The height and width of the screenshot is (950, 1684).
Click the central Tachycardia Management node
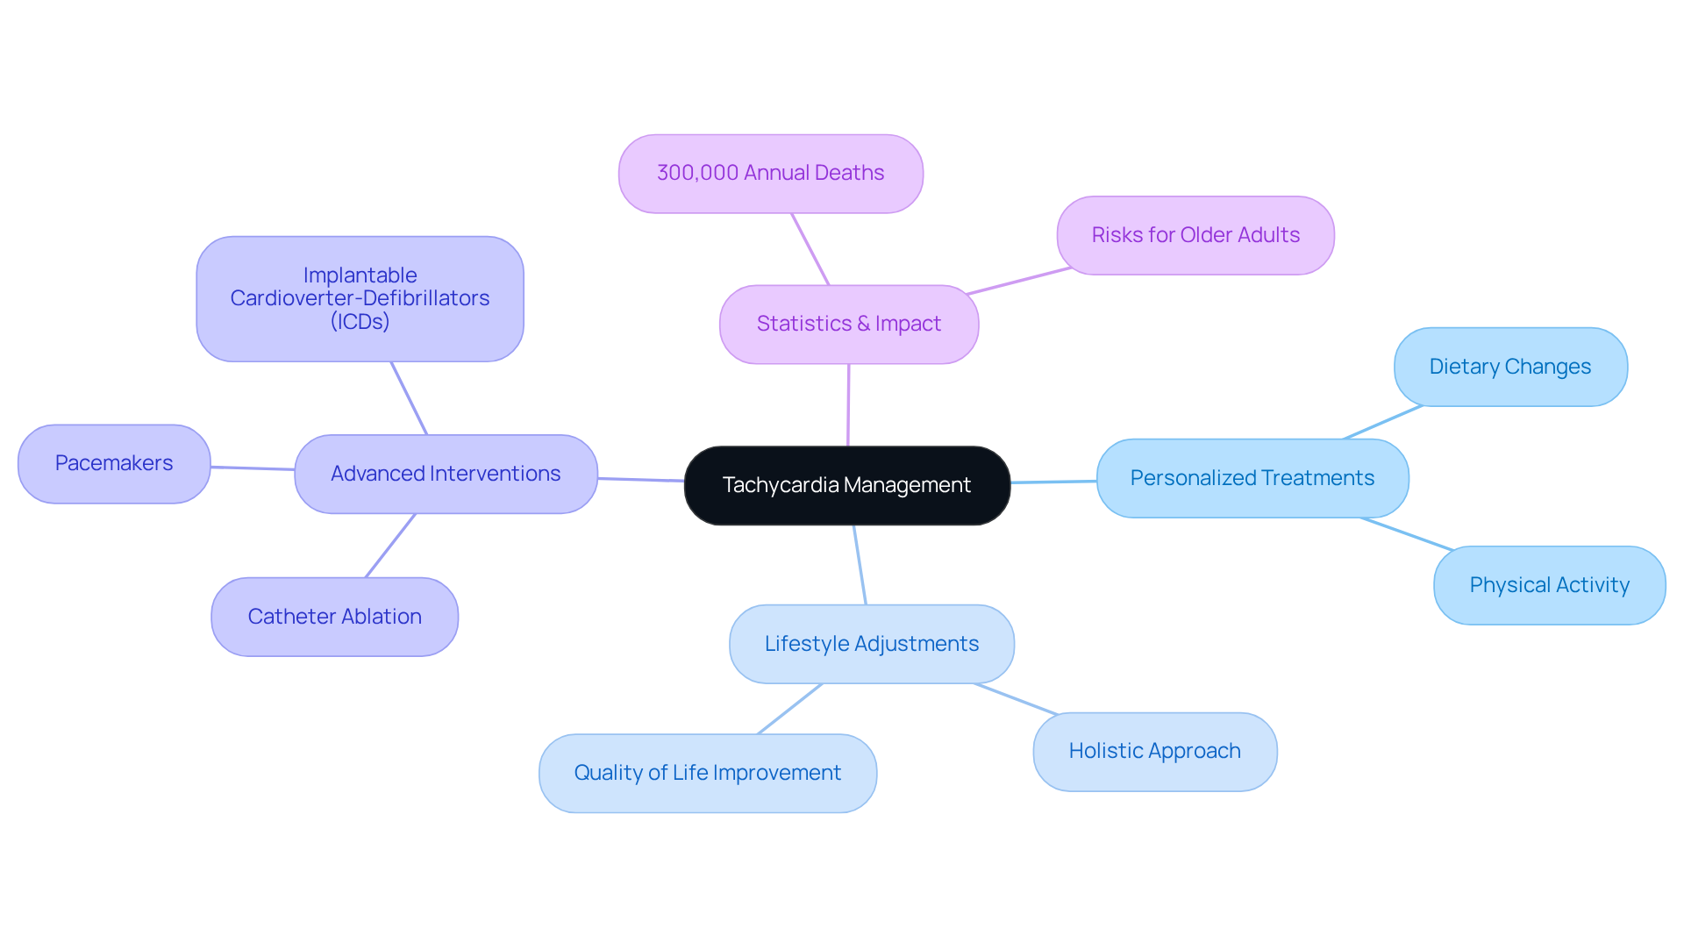(846, 485)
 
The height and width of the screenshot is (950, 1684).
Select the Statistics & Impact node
(848, 324)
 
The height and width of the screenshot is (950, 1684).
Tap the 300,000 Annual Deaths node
(770, 173)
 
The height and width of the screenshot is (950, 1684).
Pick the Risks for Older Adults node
(1195, 235)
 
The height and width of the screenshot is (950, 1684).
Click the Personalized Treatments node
(1252, 478)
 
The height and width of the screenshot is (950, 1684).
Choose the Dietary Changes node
(1509, 367)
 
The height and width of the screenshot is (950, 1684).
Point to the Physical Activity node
(1549, 585)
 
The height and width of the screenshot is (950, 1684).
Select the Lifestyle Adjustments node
(871, 644)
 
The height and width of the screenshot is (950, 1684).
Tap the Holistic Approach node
(1154, 751)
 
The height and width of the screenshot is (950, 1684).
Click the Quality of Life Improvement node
(707, 773)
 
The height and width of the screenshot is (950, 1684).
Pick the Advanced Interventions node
(446, 474)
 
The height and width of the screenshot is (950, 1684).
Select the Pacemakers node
(114, 463)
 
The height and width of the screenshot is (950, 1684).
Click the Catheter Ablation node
(334, 617)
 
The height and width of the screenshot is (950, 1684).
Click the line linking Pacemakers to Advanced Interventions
(253, 468)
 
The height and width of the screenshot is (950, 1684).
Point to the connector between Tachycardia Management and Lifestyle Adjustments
(860, 565)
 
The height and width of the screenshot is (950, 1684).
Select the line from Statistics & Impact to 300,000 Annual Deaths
(810, 249)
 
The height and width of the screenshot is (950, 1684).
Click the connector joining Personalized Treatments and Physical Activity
(1407, 534)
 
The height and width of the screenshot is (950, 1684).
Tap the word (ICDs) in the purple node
(360, 322)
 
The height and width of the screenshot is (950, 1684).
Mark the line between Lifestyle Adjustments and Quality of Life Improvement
(789, 709)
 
